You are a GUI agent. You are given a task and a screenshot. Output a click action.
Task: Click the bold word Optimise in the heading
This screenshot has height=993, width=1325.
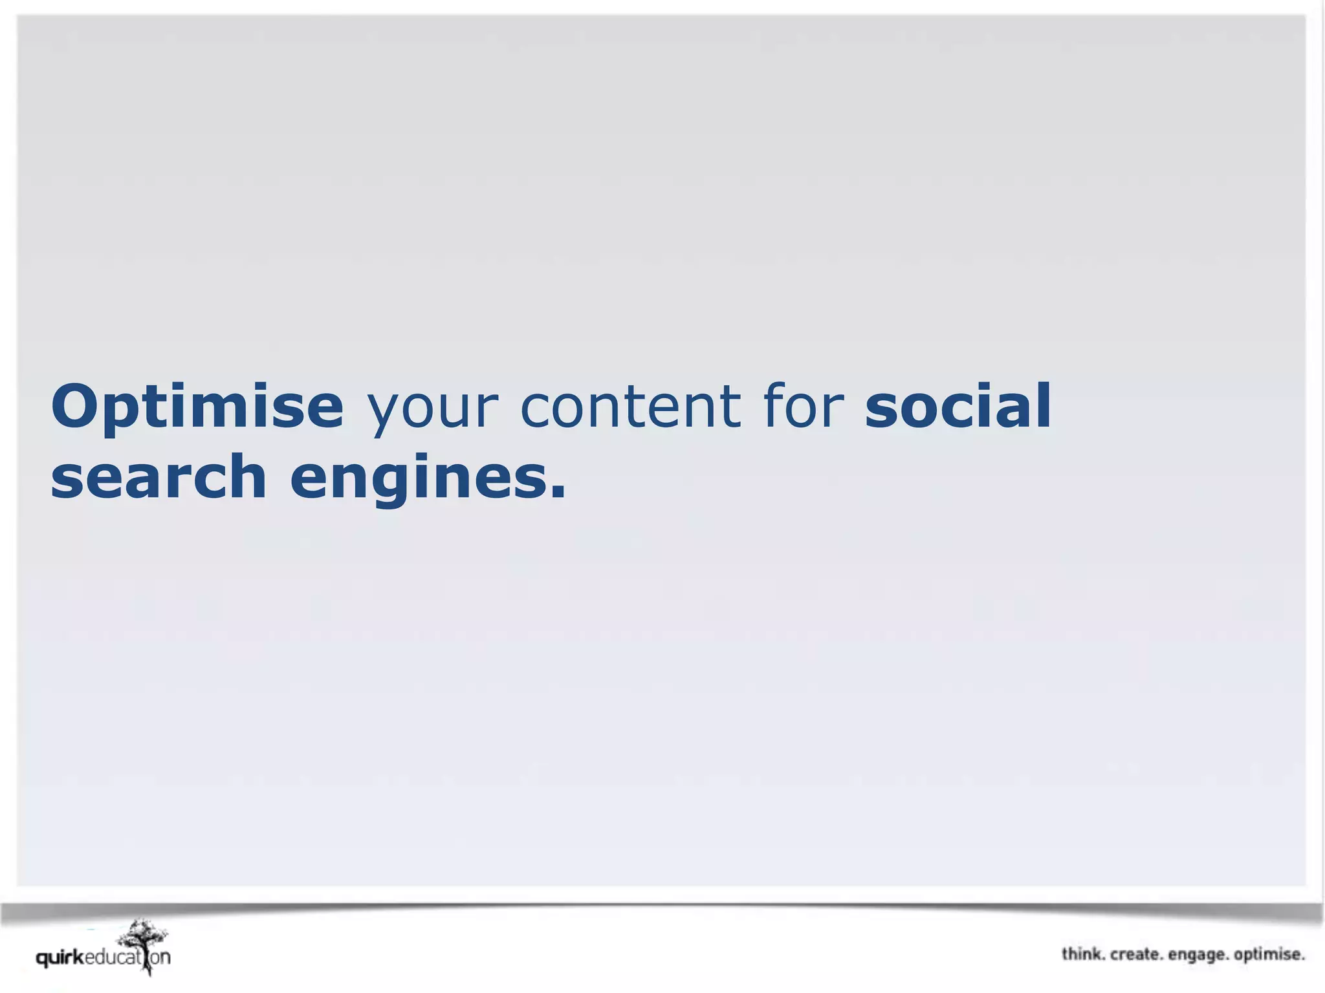197,407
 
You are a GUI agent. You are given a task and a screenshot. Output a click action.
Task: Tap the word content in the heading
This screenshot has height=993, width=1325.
630,407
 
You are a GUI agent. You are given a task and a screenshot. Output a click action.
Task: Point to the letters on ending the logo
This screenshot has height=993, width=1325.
161,957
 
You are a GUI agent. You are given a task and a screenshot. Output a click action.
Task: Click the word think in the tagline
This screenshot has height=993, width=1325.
1083,954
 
